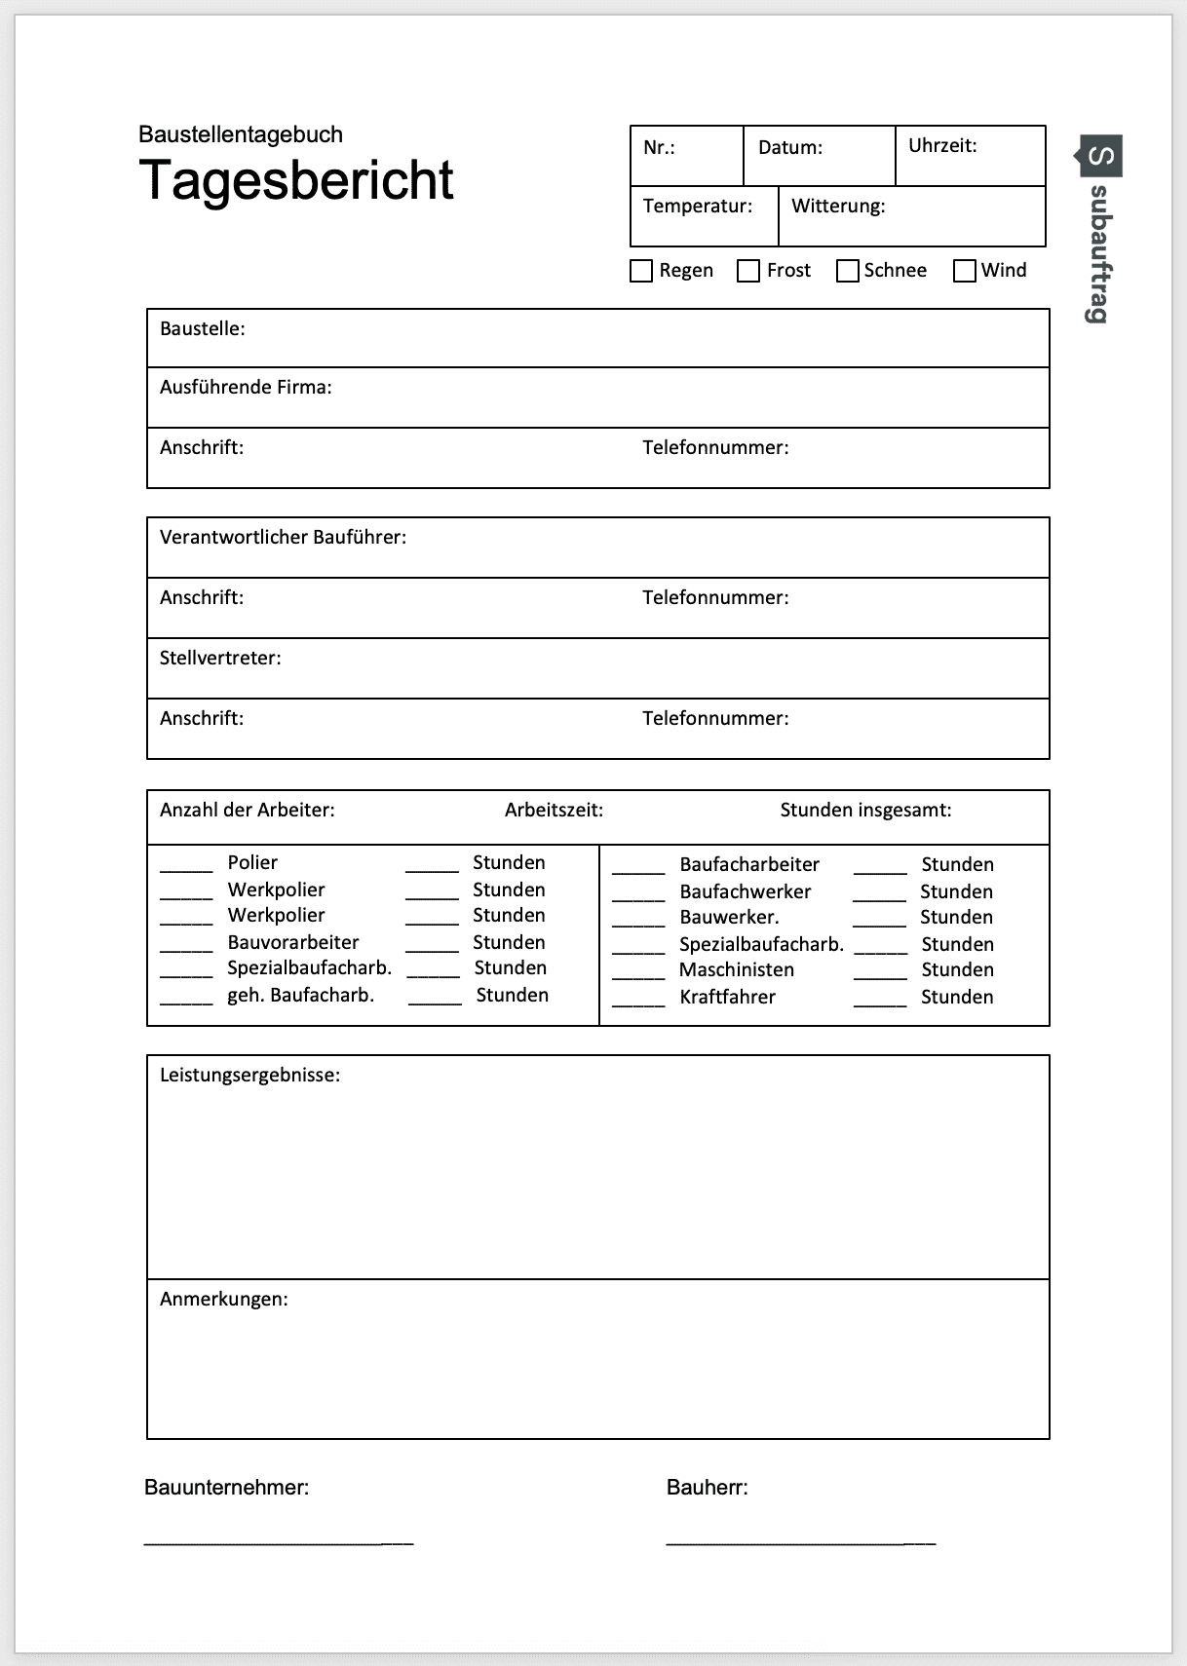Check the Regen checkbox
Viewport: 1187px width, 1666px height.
pos(641,271)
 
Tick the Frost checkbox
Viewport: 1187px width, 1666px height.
pos(748,271)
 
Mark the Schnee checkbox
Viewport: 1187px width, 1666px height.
pos(848,271)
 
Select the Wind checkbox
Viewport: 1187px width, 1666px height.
pos(965,271)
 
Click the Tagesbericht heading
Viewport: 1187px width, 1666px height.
pos(296,180)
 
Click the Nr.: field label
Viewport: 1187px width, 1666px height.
pos(659,148)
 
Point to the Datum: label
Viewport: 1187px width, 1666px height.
pos(790,148)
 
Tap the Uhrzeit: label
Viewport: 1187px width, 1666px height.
pos(942,146)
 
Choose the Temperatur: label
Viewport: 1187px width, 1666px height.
pos(698,207)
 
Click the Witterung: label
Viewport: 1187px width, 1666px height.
pos(838,207)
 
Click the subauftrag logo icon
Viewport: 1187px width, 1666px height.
pos(1100,156)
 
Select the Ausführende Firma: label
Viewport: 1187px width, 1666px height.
pos(246,388)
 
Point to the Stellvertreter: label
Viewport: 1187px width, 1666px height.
pos(220,659)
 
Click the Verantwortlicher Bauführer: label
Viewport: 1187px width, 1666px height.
pos(283,538)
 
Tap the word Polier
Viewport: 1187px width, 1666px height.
pos(252,863)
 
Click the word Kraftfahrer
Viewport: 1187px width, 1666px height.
pos(727,998)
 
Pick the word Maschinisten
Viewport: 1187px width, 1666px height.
pos(736,970)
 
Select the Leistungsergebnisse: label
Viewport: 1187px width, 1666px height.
pos(249,1076)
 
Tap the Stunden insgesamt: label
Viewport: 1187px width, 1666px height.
pos(865,811)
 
